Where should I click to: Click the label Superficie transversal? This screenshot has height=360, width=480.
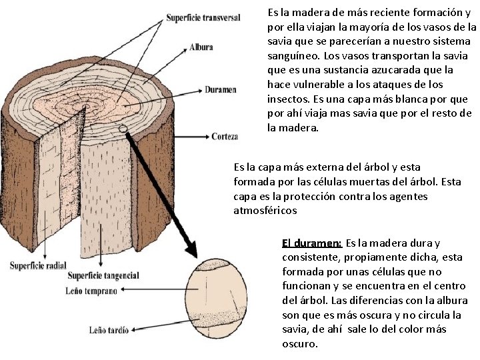[x=203, y=18]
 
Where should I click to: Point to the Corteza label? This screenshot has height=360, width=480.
[x=225, y=137]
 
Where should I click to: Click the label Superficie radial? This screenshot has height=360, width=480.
[x=38, y=265]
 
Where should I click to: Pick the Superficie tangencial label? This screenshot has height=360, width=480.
[x=103, y=275]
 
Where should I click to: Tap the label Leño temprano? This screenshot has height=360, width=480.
[x=92, y=291]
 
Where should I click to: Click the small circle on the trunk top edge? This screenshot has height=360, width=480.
[x=123, y=129]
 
